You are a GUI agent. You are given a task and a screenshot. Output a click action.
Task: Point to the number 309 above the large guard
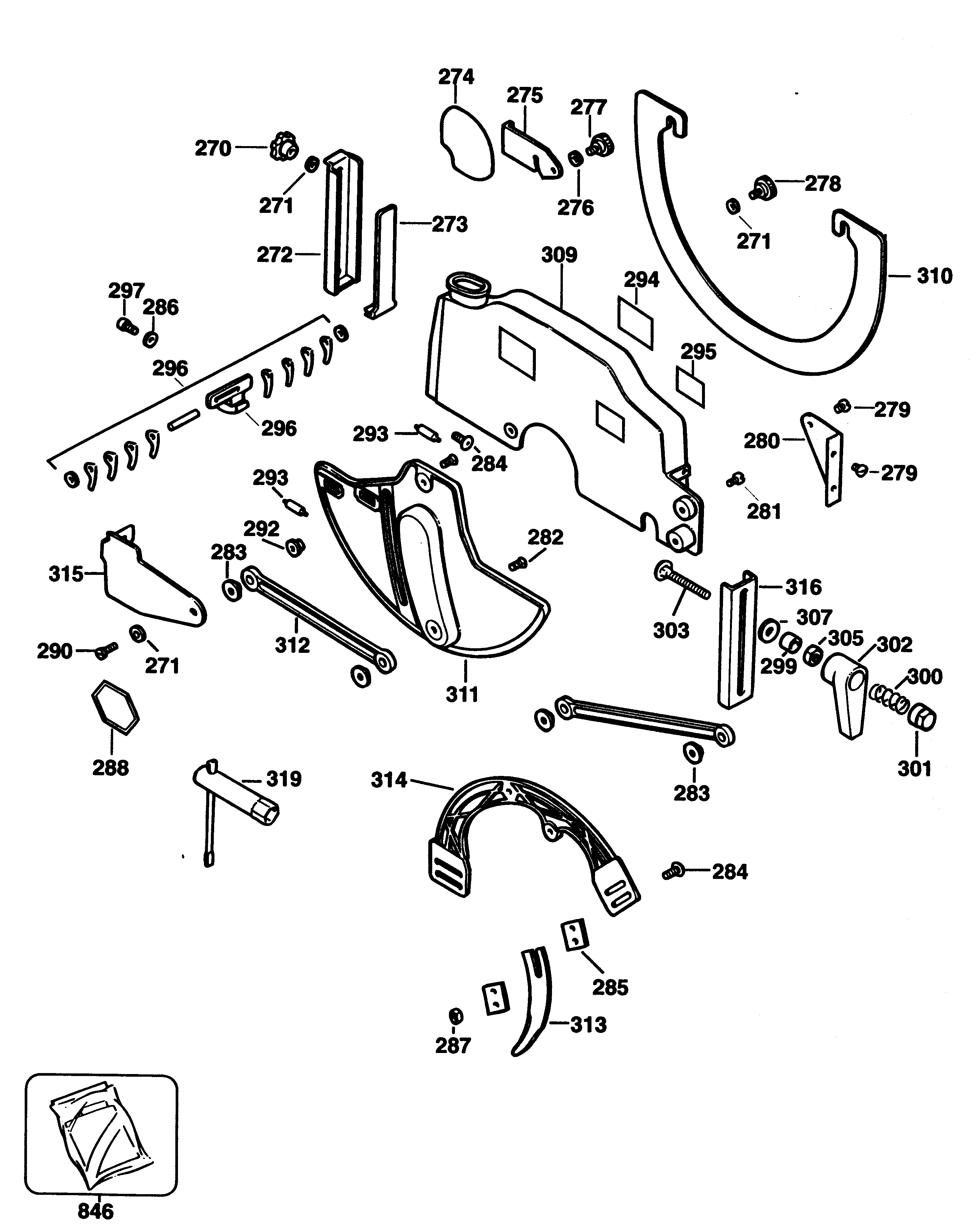[x=559, y=255]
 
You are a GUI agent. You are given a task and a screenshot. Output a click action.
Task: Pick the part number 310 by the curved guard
[x=934, y=276]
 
